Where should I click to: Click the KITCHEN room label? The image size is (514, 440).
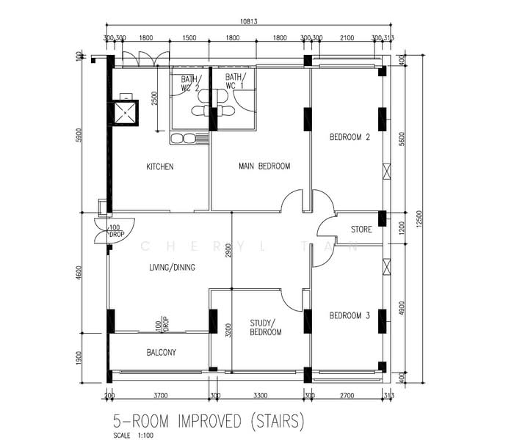point(160,166)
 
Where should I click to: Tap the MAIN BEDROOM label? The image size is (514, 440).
point(264,166)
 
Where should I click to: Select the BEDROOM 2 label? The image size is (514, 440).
point(350,137)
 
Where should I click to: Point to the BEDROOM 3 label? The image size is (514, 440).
point(350,315)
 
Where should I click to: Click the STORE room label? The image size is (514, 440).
point(361,229)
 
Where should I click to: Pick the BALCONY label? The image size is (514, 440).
point(162,352)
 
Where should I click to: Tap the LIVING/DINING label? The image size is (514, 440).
point(172,268)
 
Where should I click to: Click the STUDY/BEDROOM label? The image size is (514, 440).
point(266,328)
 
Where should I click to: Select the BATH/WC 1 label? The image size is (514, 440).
point(235,81)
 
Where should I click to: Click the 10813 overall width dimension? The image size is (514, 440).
point(249,21)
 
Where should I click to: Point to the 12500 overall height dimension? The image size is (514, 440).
point(419,220)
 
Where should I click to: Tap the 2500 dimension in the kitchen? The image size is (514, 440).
point(154,98)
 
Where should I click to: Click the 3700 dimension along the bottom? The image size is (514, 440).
point(161,395)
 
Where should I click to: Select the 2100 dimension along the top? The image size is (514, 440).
point(347,38)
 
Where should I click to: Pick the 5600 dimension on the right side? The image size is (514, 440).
point(402,139)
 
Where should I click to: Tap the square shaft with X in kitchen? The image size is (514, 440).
point(126,113)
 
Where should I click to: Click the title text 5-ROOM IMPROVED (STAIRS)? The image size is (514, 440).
point(208,421)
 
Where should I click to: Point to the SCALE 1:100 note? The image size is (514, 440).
point(133,436)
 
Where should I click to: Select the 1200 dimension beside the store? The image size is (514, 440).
point(402,228)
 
